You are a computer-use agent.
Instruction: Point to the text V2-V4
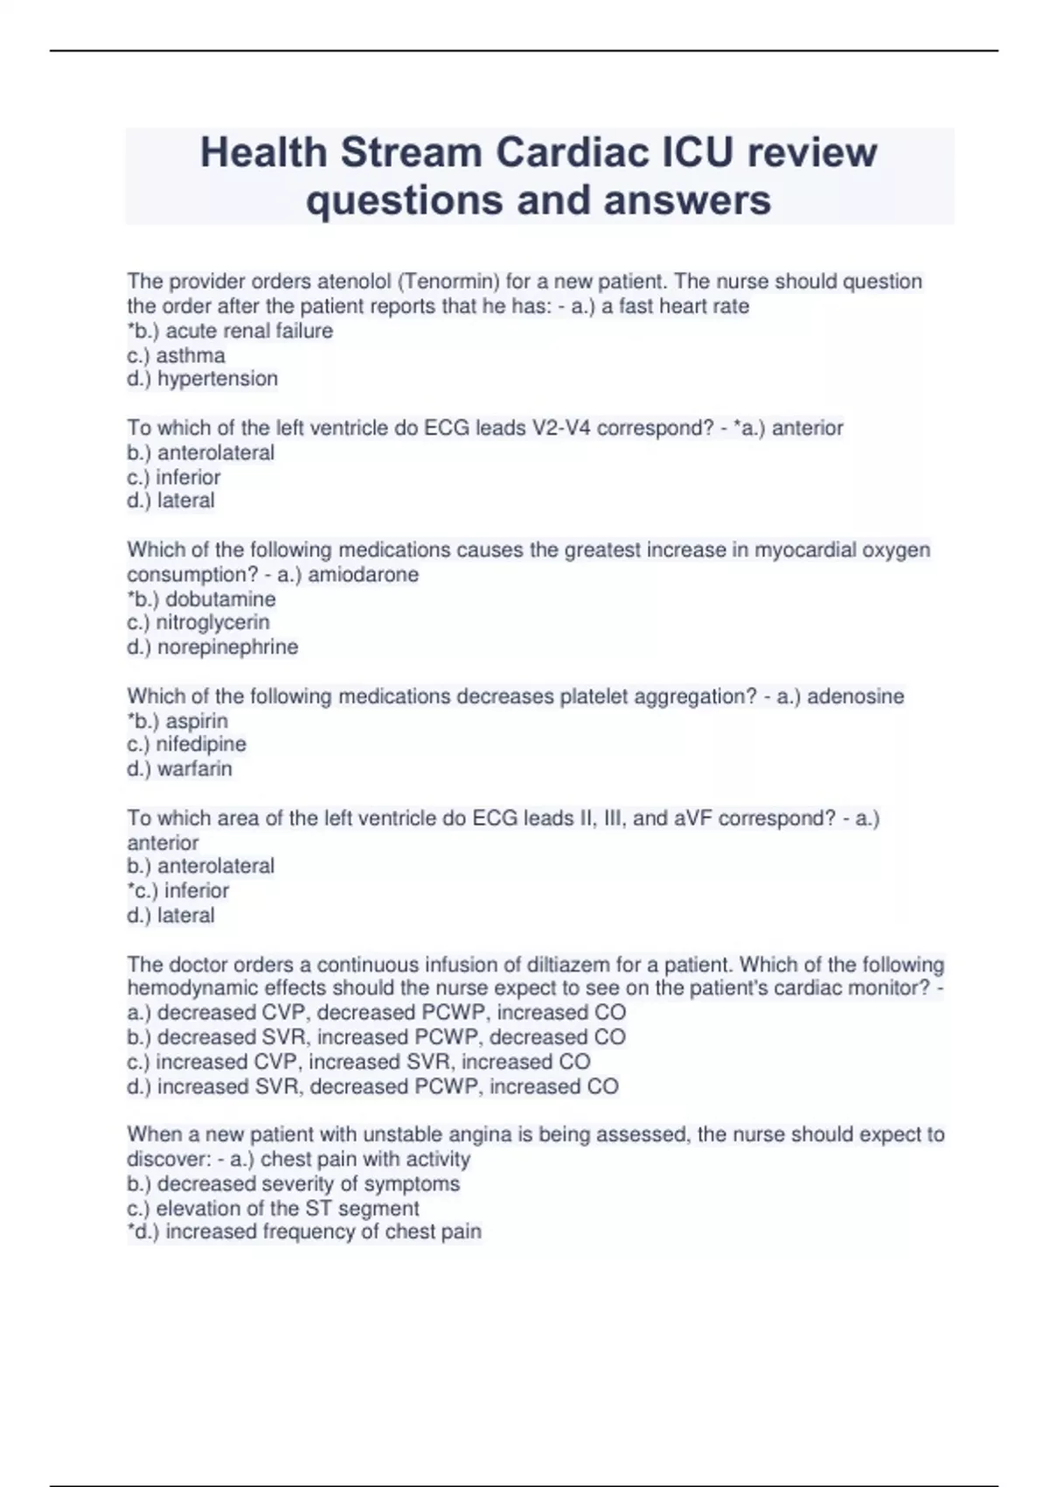pyautogui.click(x=550, y=428)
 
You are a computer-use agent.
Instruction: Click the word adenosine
pyautogui.click(x=855, y=696)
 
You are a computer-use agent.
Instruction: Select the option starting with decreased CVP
pyautogui.click(x=377, y=1013)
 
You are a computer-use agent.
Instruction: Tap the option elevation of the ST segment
pyautogui.click(x=273, y=1208)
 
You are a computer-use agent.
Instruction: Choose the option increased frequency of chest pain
pyautogui.click(x=304, y=1232)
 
